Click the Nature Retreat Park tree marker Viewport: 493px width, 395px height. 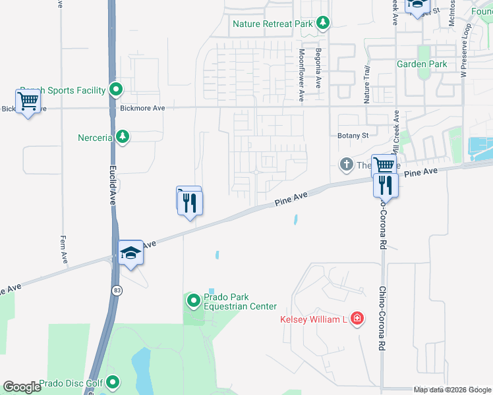pyautogui.click(x=322, y=24)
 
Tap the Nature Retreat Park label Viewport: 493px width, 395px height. pyautogui.click(x=273, y=24)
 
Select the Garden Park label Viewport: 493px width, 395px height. pyautogui.click(x=422, y=64)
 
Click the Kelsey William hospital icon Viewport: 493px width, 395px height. pyautogui.click(x=357, y=319)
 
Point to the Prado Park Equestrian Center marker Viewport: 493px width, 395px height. pyautogui.click(x=194, y=302)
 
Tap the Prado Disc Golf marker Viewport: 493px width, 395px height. pyautogui.click(x=113, y=382)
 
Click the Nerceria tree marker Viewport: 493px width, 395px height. pyautogui.click(x=122, y=136)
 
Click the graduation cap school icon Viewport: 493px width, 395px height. pyautogui.click(x=130, y=253)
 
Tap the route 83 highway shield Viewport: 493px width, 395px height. pyautogui.click(x=117, y=290)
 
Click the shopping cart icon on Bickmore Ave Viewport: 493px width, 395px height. pyautogui.click(x=28, y=102)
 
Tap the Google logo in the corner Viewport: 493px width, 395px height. pyautogui.click(x=22, y=387)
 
